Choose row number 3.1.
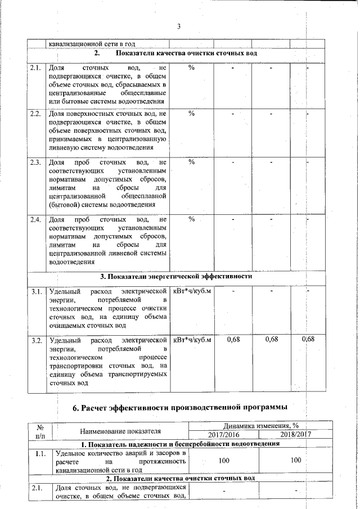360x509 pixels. [37, 291]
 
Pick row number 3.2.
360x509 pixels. [37, 340]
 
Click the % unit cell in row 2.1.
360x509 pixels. [192, 67]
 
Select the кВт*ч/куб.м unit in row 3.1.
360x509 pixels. [192, 291]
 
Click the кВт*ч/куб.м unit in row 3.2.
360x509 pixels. [192, 340]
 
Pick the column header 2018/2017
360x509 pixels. [296, 435]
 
